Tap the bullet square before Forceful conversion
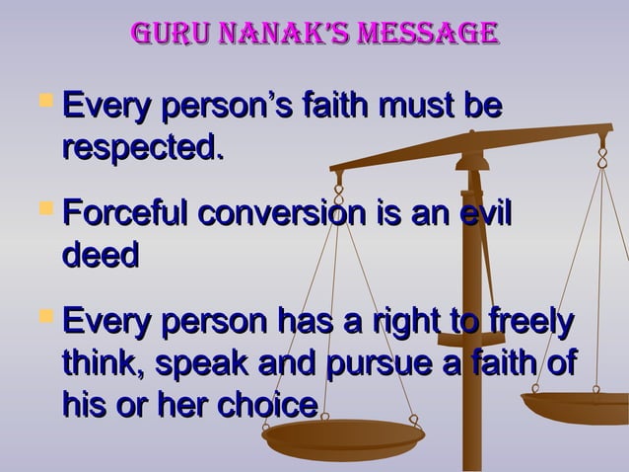(43, 209)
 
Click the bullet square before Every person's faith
(43, 101)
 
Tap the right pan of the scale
(583, 405)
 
